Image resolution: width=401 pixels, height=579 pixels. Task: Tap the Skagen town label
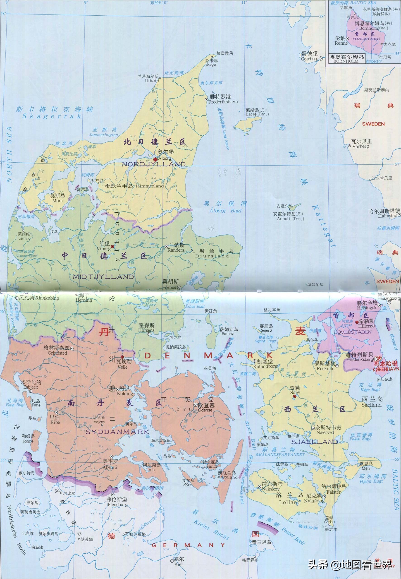(211, 65)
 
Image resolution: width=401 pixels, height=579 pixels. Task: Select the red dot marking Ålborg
(155, 159)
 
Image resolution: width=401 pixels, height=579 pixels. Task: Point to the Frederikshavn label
(223, 102)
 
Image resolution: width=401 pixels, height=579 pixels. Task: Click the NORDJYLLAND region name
(154, 164)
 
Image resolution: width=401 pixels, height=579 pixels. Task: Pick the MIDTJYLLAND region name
(103, 277)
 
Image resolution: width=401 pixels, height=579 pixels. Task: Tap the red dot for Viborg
(112, 246)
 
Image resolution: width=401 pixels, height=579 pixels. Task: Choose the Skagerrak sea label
(52, 116)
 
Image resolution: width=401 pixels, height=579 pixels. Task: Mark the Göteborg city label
(310, 59)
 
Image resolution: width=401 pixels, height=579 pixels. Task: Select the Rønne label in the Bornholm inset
(341, 43)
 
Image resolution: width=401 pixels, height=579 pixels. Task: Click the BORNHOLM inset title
(346, 61)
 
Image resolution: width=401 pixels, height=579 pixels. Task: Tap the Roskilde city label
(325, 368)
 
